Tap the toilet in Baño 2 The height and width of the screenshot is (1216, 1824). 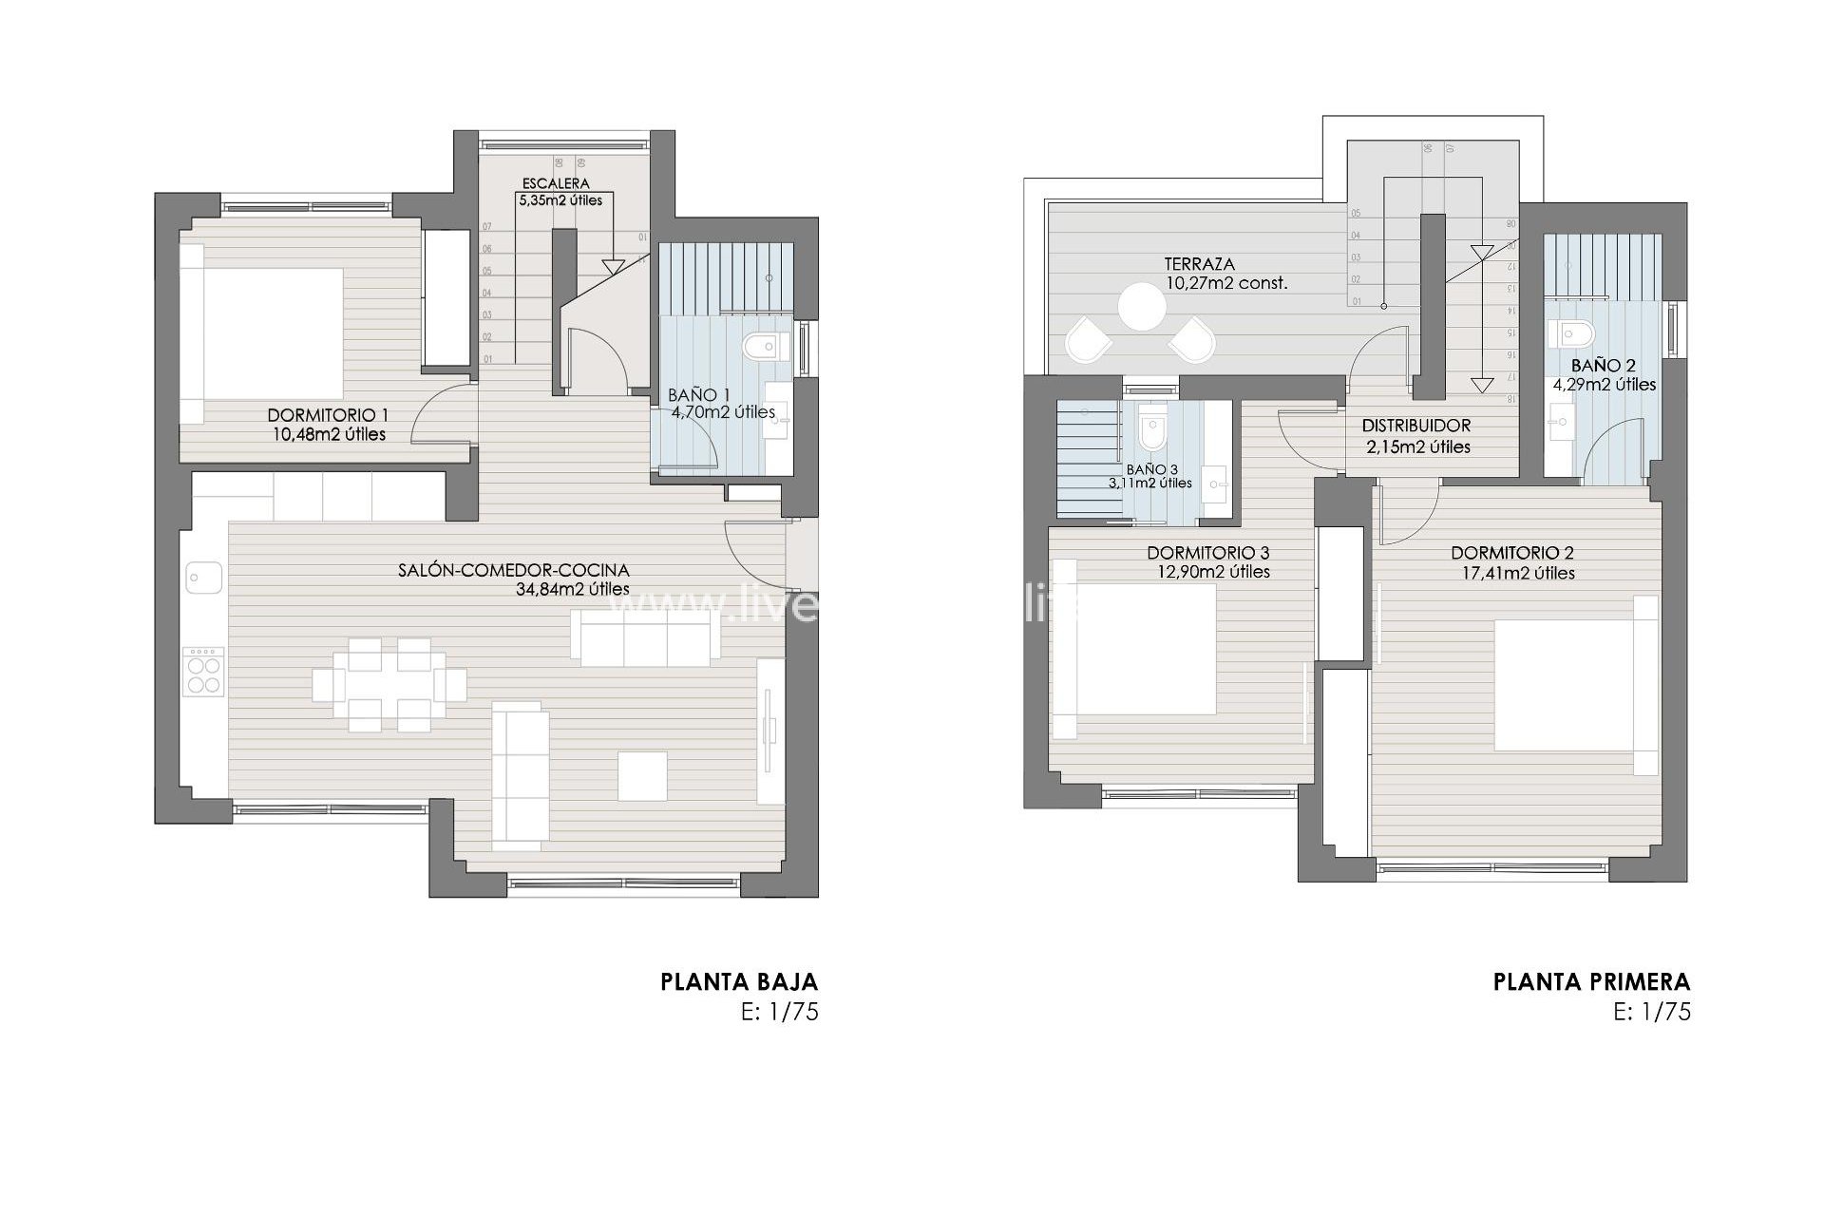click(x=1568, y=332)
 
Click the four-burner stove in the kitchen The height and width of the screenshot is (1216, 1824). click(x=204, y=673)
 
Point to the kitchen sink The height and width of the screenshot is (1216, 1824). click(x=204, y=576)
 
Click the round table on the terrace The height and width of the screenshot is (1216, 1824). click(x=1141, y=308)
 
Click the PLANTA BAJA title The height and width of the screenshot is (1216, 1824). click(x=739, y=981)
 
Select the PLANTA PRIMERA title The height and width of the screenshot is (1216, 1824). click(x=1591, y=981)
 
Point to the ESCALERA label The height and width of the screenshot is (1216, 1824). click(x=556, y=183)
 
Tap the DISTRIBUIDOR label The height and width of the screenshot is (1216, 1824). click(x=1415, y=427)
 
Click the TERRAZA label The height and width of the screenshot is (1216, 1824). click(x=1200, y=264)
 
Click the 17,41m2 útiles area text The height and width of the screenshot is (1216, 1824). click(x=1519, y=573)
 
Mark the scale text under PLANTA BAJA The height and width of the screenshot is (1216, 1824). click(x=779, y=1012)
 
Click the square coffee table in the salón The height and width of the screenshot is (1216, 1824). click(x=642, y=775)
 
